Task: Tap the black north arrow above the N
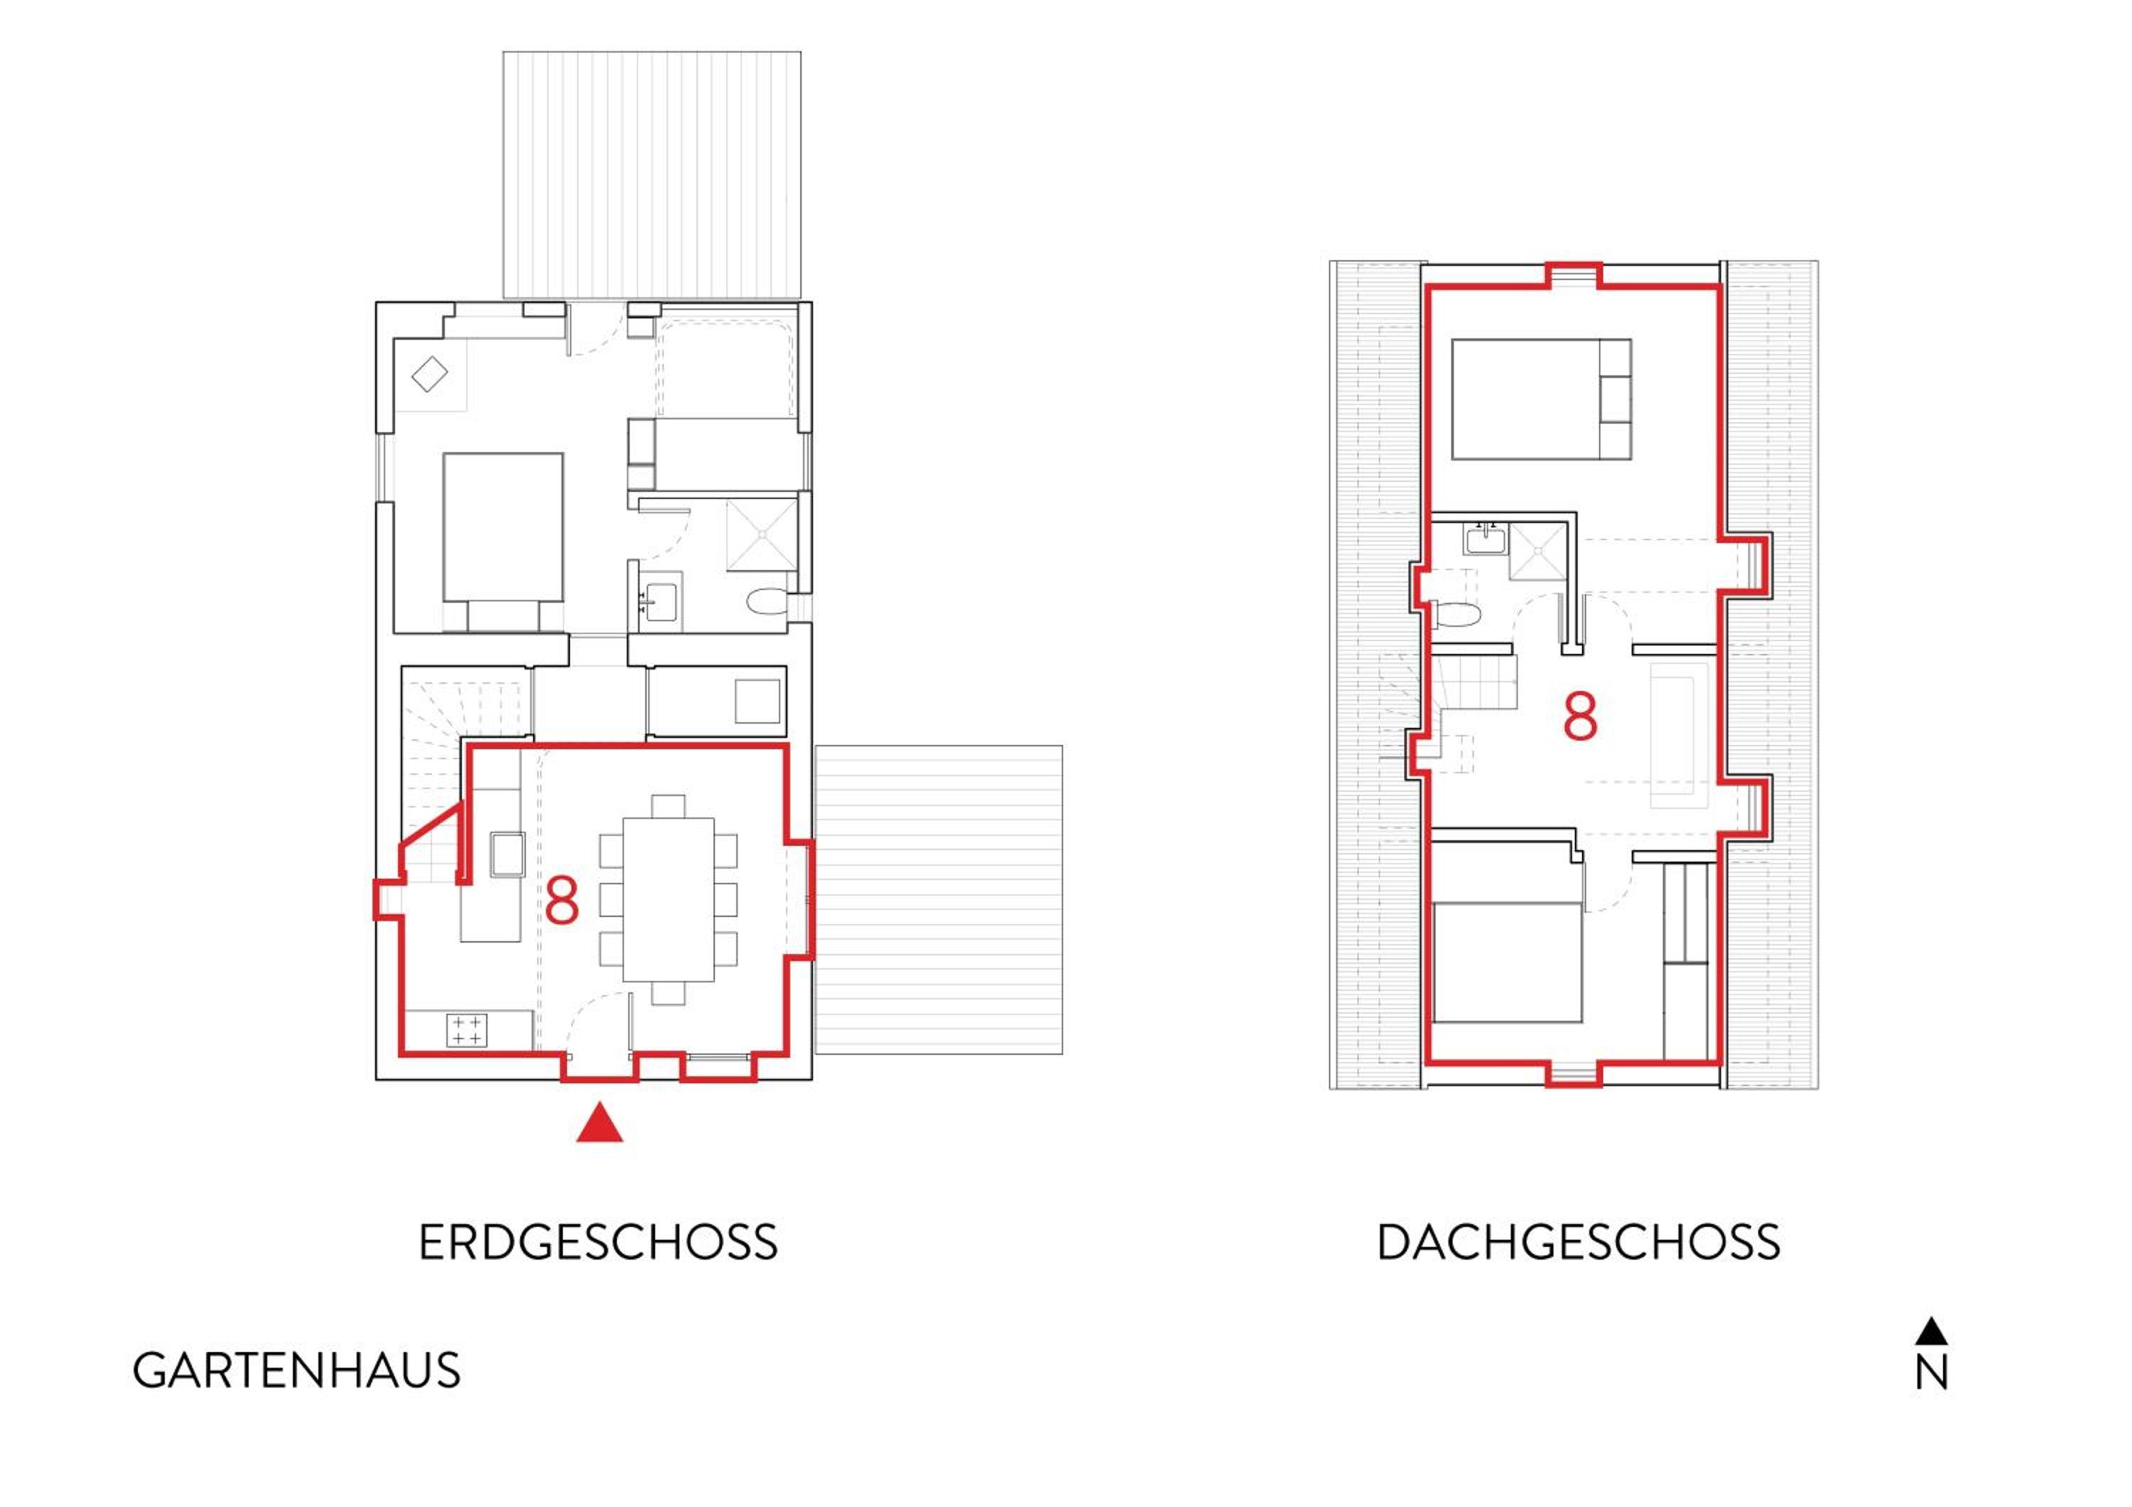click(1932, 1331)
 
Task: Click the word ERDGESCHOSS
click(598, 1243)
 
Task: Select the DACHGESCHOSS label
click(1578, 1243)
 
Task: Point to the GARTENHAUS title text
click(296, 1371)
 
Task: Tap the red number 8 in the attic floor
click(1581, 715)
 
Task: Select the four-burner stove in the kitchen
click(466, 1030)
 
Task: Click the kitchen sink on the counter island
click(507, 854)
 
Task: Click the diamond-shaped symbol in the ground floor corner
click(429, 374)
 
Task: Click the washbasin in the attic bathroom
click(1486, 539)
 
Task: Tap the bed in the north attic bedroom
click(1541, 399)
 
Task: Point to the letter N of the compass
click(1932, 1373)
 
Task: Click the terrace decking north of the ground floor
click(652, 175)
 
